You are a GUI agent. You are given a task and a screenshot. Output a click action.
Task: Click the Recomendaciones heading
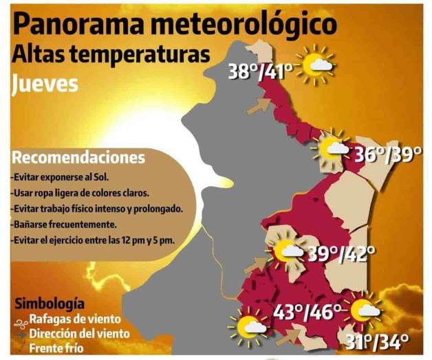(x=79, y=157)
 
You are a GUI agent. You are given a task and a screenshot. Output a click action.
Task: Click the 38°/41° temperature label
(x=261, y=71)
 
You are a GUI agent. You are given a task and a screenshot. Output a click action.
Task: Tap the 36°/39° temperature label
(x=387, y=155)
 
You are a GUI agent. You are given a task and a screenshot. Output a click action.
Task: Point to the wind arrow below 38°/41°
(x=259, y=106)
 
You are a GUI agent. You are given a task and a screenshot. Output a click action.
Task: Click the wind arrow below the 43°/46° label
(x=290, y=337)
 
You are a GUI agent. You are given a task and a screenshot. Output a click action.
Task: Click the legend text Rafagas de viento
(x=75, y=319)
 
